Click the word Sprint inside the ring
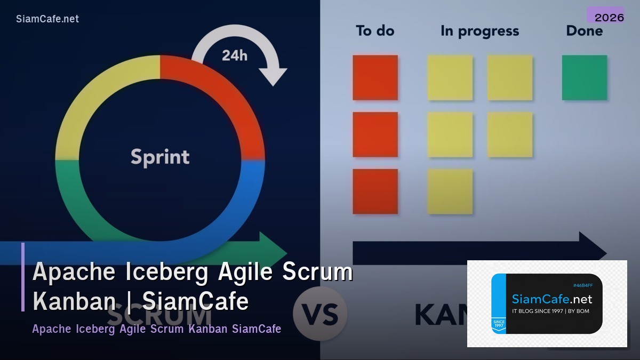160,157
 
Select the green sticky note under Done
584,78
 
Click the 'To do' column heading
374,31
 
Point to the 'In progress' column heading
479,31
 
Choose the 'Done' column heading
584,31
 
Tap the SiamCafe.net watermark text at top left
47,19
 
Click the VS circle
320,314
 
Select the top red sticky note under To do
375,78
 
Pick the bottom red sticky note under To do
375,191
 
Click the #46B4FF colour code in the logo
582,286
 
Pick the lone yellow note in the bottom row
450,191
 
